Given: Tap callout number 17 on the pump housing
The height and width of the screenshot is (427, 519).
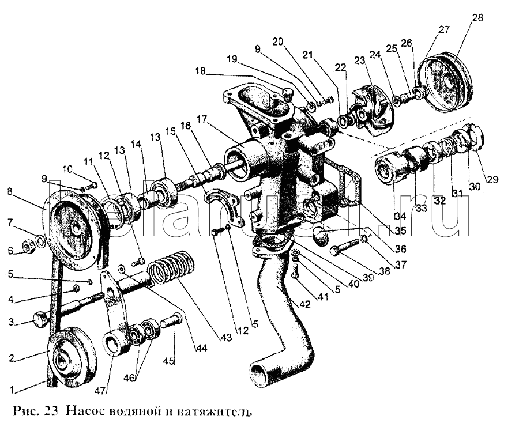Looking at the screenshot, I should point(201,120).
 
